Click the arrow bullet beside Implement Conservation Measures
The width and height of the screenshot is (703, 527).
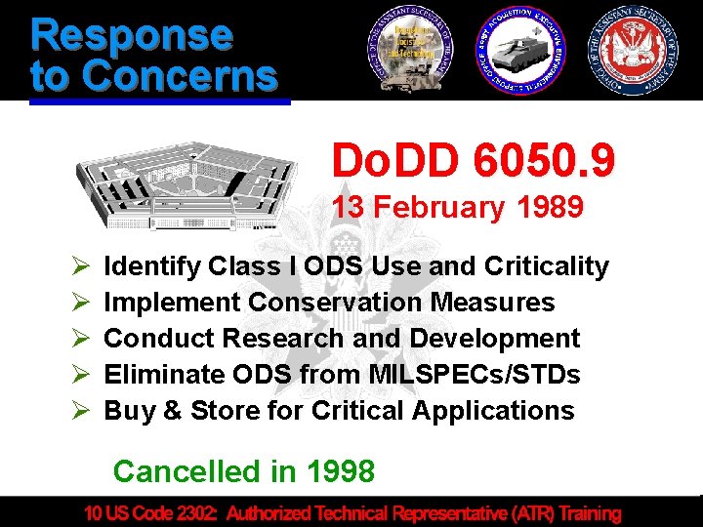tap(81, 303)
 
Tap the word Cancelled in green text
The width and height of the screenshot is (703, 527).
tap(182, 471)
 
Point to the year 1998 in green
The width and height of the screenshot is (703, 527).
tap(340, 471)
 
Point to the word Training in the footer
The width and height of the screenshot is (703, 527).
tap(589, 512)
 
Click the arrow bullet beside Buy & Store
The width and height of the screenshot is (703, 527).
tap(81, 411)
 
